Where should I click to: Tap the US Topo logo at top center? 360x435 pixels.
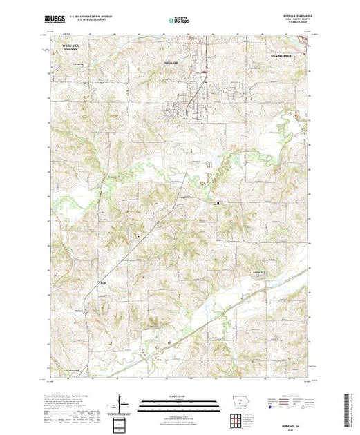click(x=179, y=21)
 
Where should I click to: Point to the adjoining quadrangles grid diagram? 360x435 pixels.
click(x=238, y=419)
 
